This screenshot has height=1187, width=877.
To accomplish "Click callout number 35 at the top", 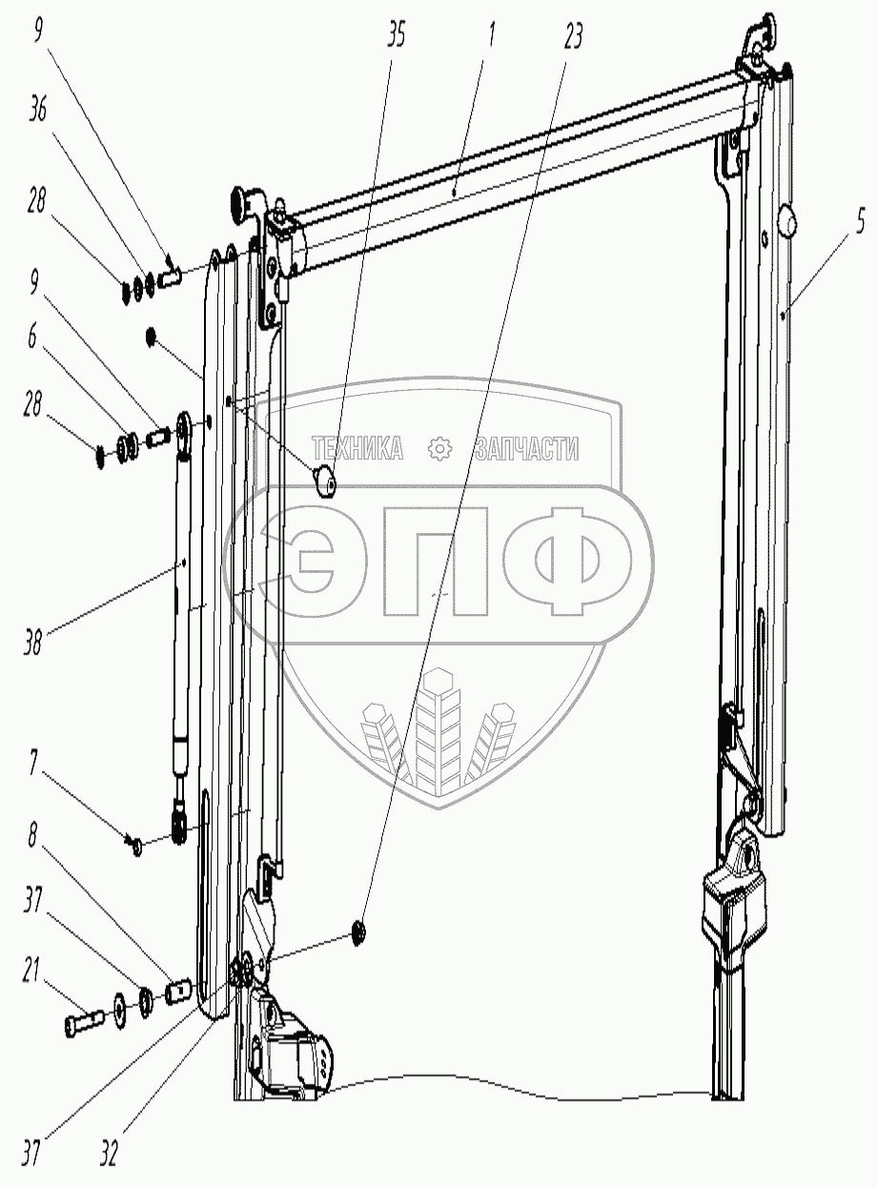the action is tap(397, 34).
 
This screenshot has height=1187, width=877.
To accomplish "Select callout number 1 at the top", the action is tap(492, 34).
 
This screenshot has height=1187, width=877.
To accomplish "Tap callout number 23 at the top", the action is tap(573, 36).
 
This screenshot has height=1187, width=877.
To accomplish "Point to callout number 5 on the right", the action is tap(860, 221).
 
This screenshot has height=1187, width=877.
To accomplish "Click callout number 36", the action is tap(37, 109).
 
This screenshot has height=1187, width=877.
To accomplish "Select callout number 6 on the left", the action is tap(32, 338).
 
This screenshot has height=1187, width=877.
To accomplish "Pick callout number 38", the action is tap(32, 642).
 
